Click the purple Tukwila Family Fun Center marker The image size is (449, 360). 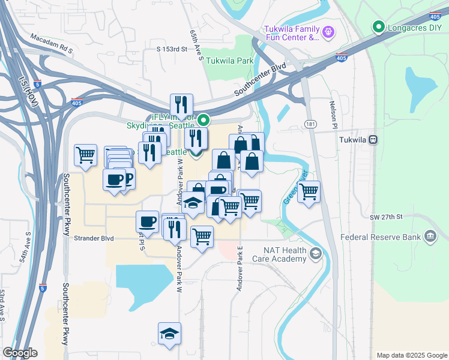coord(327,31)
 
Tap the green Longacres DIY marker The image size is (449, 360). coord(378,26)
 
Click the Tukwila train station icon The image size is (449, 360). coord(373,139)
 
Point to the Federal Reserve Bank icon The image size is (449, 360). coord(430,237)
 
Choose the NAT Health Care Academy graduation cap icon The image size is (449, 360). coord(315,256)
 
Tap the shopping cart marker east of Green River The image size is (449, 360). coord(309,193)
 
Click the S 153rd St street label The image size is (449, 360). coord(173,48)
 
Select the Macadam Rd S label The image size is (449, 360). coord(52,44)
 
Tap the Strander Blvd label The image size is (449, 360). coord(93,238)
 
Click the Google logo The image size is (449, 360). coord(20,353)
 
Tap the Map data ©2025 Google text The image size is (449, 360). coord(411,355)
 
